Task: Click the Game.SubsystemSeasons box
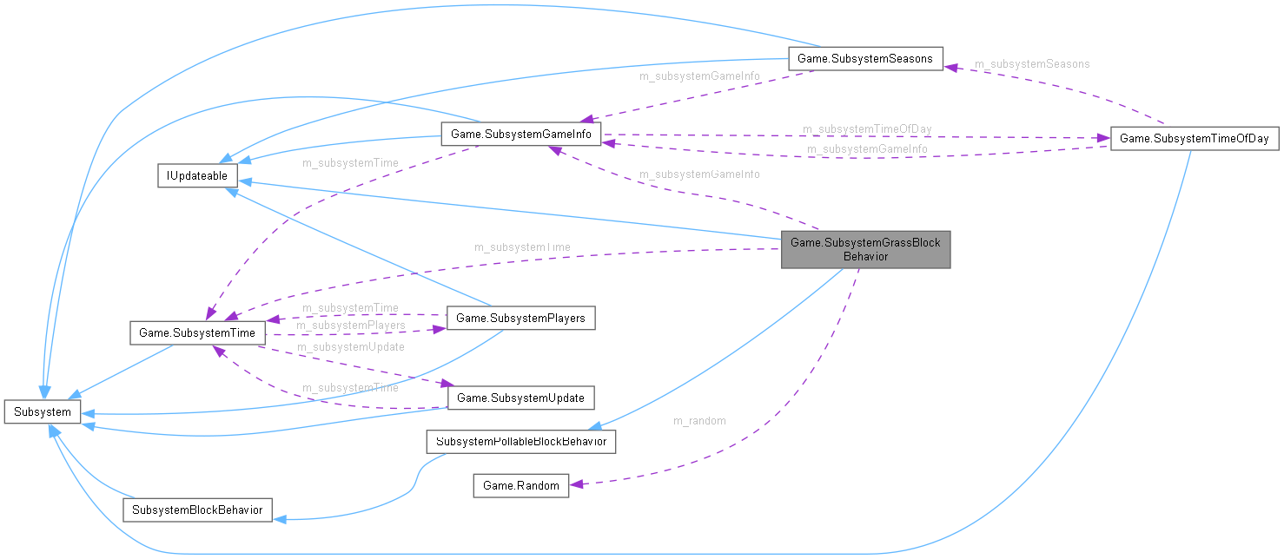click(864, 59)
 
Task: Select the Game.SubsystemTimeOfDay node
click(1195, 138)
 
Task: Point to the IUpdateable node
click(197, 175)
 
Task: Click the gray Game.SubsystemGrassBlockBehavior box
click(865, 249)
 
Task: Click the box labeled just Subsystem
click(43, 411)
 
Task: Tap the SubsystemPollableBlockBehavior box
click(521, 442)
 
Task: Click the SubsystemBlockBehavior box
click(197, 510)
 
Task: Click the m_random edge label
click(699, 421)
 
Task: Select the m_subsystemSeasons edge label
click(1031, 63)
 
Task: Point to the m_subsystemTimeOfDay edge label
click(866, 128)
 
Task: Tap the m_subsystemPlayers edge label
click(350, 326)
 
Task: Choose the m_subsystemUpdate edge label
click(350, 346)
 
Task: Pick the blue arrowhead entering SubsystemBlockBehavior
click(279, 518)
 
